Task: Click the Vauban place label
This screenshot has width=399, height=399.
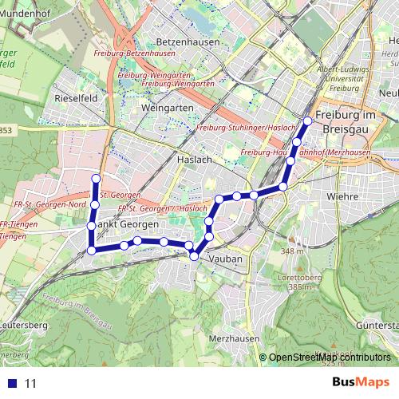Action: pyautogui.click(x=225, y=259)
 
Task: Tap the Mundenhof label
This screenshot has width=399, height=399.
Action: pyautogui.click(x=24, y=14)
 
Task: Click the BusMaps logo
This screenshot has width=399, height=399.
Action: pyautogui.click(x=361, y=382)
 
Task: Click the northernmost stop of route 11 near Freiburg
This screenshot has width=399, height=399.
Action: pyautogui.click(x=307, y=121)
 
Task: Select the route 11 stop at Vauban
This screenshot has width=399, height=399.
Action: pyautogui.click(x=194, y=255)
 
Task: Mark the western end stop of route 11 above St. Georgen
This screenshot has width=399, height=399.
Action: pyautogui.click(x=95, y=178)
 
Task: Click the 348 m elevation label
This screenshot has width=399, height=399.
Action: pyautogui.click(x=293, y=251)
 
